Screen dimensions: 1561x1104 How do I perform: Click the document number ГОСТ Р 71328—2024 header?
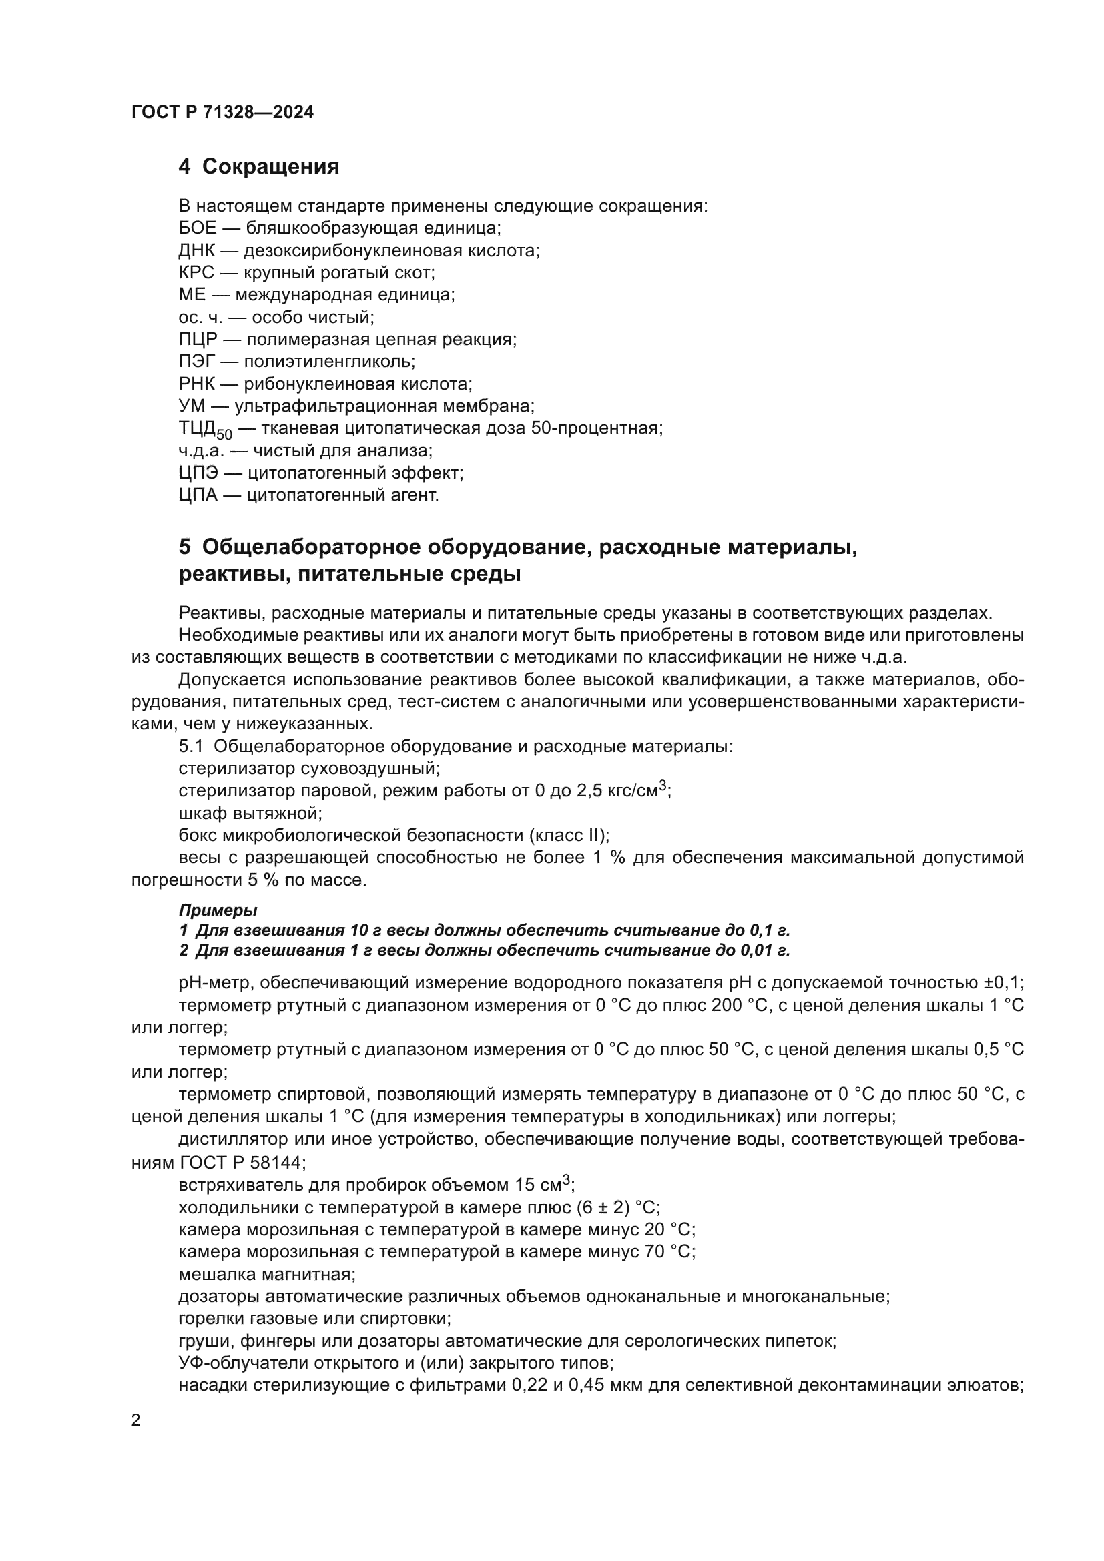click(222, 113)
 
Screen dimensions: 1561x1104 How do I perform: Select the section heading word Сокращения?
click(270, 167)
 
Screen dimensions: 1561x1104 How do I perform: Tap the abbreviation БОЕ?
click(197, 228)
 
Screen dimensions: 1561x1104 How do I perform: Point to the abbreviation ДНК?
click(196, 250)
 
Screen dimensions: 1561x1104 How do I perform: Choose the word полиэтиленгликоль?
click(329, 362)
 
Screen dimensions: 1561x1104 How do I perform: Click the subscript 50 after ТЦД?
click(224, 434)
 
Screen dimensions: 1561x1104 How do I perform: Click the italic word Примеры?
click(218, 910)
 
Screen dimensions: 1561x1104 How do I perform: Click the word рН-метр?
click(216, 983)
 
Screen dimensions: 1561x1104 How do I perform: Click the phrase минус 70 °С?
click(639, 1251)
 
